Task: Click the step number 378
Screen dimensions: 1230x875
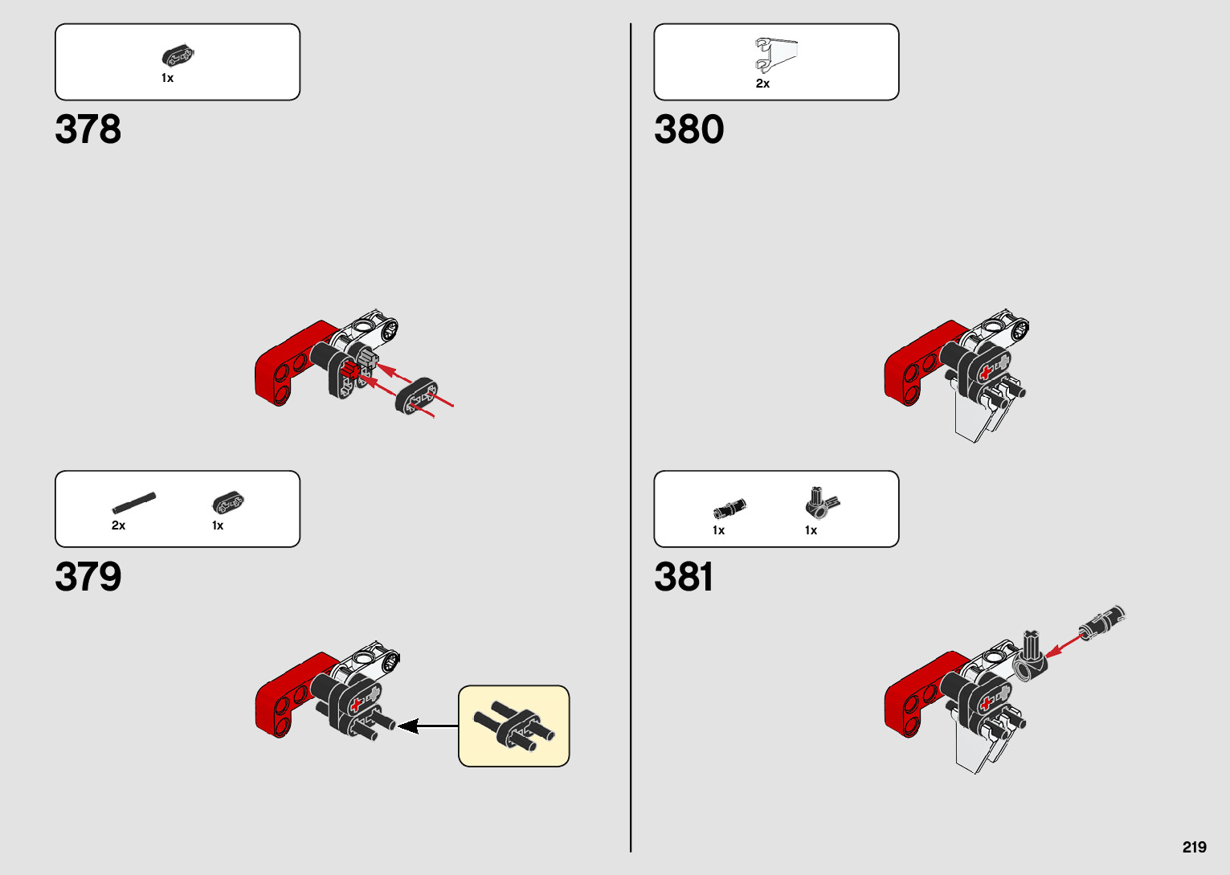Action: (88, 129)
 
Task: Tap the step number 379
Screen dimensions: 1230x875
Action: (88, 577)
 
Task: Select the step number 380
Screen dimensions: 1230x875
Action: (689, 129)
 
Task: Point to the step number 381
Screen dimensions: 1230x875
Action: (683, 577)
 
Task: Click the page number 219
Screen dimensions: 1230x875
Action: (1194, 847)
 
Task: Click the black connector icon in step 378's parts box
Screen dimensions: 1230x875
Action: (178, 56)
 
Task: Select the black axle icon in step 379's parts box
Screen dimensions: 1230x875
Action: (133, 503)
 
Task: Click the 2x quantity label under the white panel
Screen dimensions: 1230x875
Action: (762, 84)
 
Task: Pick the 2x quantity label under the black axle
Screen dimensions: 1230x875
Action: (118, 525)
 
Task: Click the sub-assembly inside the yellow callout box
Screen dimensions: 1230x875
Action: (513, 726)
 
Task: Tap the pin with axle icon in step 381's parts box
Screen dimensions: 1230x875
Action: (729, 509)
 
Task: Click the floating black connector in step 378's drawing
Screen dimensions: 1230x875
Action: (416, 395)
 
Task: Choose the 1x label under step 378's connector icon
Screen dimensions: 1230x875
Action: (167, 78)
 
